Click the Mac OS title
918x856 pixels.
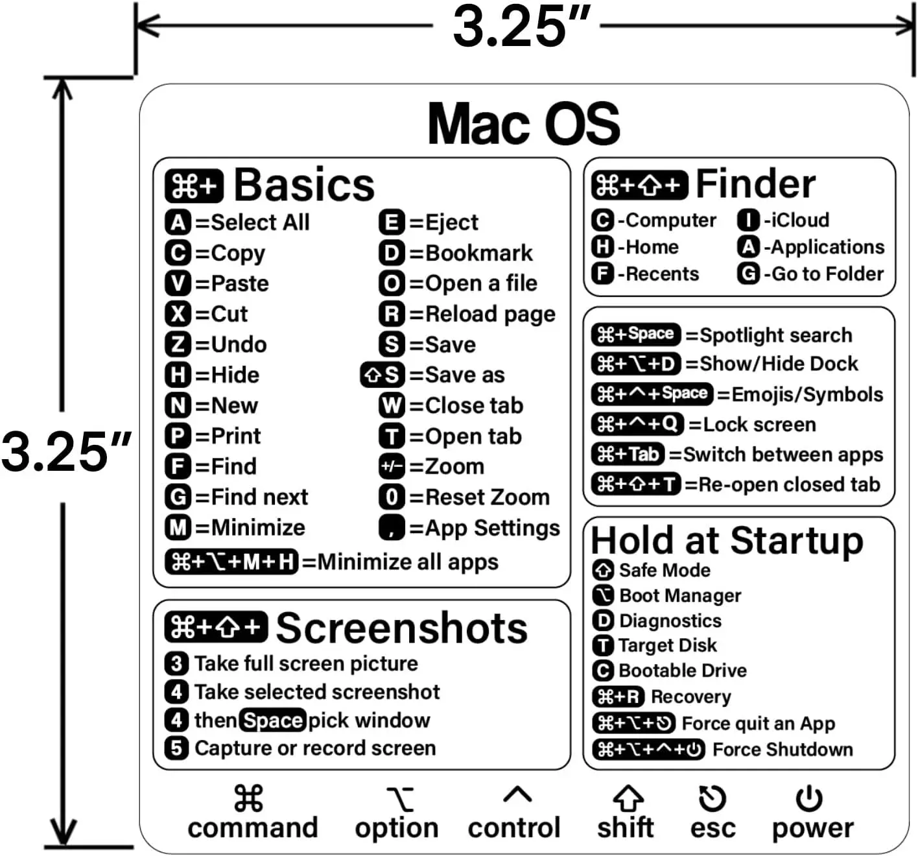click(523, 123)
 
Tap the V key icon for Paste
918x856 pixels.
click(178, 283)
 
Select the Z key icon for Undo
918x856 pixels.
click(178, 344)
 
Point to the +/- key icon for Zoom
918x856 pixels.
click(392, 466)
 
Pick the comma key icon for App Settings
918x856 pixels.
click(392, 527)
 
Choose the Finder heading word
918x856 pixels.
click(755, 184)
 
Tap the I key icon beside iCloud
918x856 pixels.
click(748, 220)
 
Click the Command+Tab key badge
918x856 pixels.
click(628, 454)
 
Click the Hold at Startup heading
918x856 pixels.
click(727, 541)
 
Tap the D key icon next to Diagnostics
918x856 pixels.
click(603, 621)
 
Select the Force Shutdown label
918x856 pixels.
click(783, 749)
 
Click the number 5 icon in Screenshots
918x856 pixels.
click(176, 748)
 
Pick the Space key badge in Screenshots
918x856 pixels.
click(272, 720)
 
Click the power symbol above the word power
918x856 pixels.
click(809, 799)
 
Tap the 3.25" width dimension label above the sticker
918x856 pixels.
click(521, 27)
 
